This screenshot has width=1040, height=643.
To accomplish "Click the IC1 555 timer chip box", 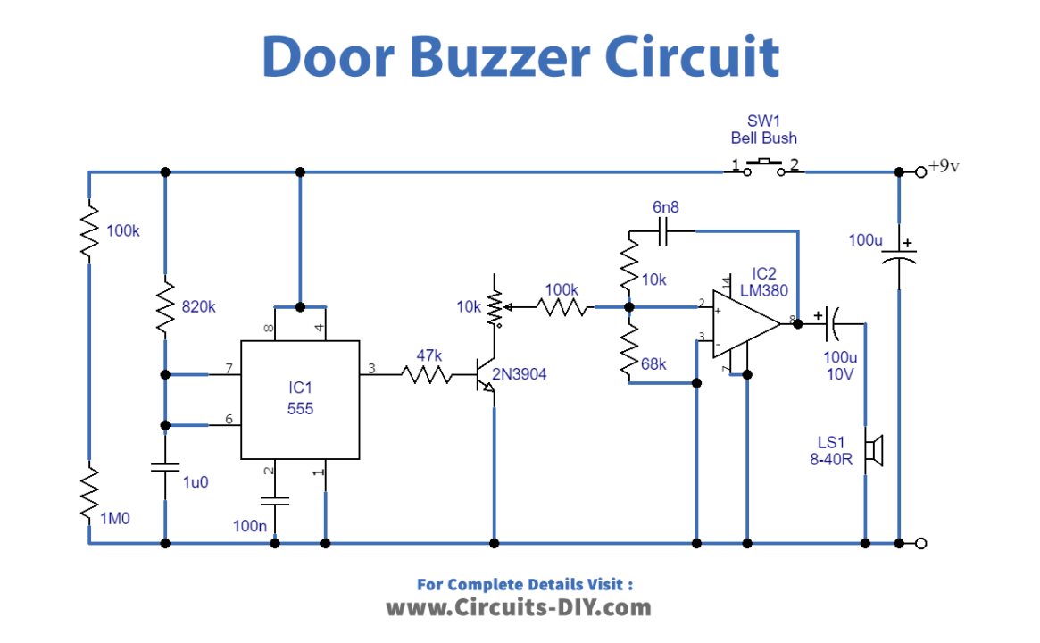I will tap(300, 399).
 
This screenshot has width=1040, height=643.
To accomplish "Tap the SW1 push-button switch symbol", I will tap(763, 165).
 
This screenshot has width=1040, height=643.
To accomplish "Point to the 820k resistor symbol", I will tap(165, 306).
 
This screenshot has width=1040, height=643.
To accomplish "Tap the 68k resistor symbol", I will tap(629, 350).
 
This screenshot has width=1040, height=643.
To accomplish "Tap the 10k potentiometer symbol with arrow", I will tap(494, 307).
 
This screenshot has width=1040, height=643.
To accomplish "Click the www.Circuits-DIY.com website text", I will tap(519, 608).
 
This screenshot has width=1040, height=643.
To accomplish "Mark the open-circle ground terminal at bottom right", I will tap(921, 543).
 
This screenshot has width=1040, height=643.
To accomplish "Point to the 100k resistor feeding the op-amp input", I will tap(564, 307).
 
